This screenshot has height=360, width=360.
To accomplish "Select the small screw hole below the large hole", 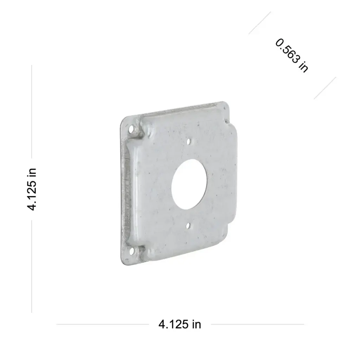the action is click(x=188, y=226).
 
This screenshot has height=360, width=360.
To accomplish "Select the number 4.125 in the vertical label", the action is click(x=32, y=195).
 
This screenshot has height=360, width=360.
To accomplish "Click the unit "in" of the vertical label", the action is click(x=32, y=172).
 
